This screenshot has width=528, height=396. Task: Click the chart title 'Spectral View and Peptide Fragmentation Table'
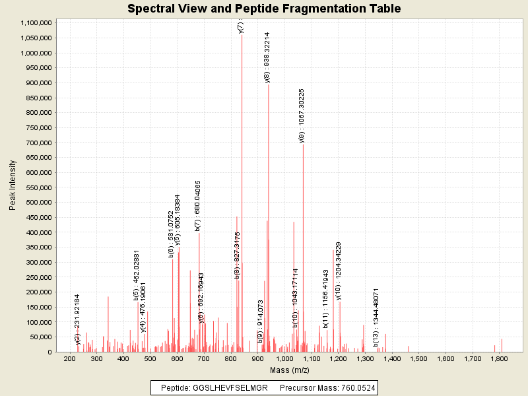pyautogui.click(x=264, y=9)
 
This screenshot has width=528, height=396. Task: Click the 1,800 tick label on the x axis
pyautogui.click(x=499, y=359)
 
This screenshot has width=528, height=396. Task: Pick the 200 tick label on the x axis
pyautogui.click(x=70, y=359)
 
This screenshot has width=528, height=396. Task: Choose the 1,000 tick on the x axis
pyautogui.click(x=284, y=359)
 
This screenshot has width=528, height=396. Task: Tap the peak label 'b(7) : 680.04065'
pyautogui.click(x=198, y=205)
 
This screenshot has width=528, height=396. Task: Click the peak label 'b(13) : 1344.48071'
pyautogui.click(x=376, y=317)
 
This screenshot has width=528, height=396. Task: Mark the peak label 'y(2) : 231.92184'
pyautogui.click(x=78, y=319)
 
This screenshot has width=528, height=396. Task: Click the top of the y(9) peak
pyautogui.click(x=303, y=145)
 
